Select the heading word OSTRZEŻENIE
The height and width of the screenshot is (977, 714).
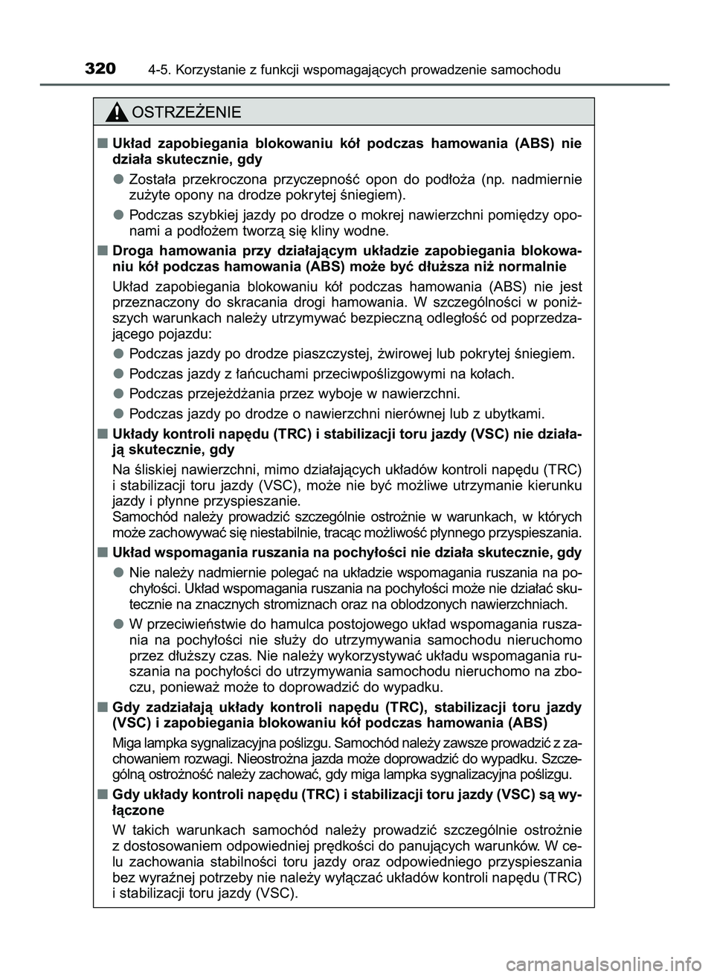(x=185, y=112)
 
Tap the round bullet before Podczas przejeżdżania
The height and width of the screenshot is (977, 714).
(x=118, y=393)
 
